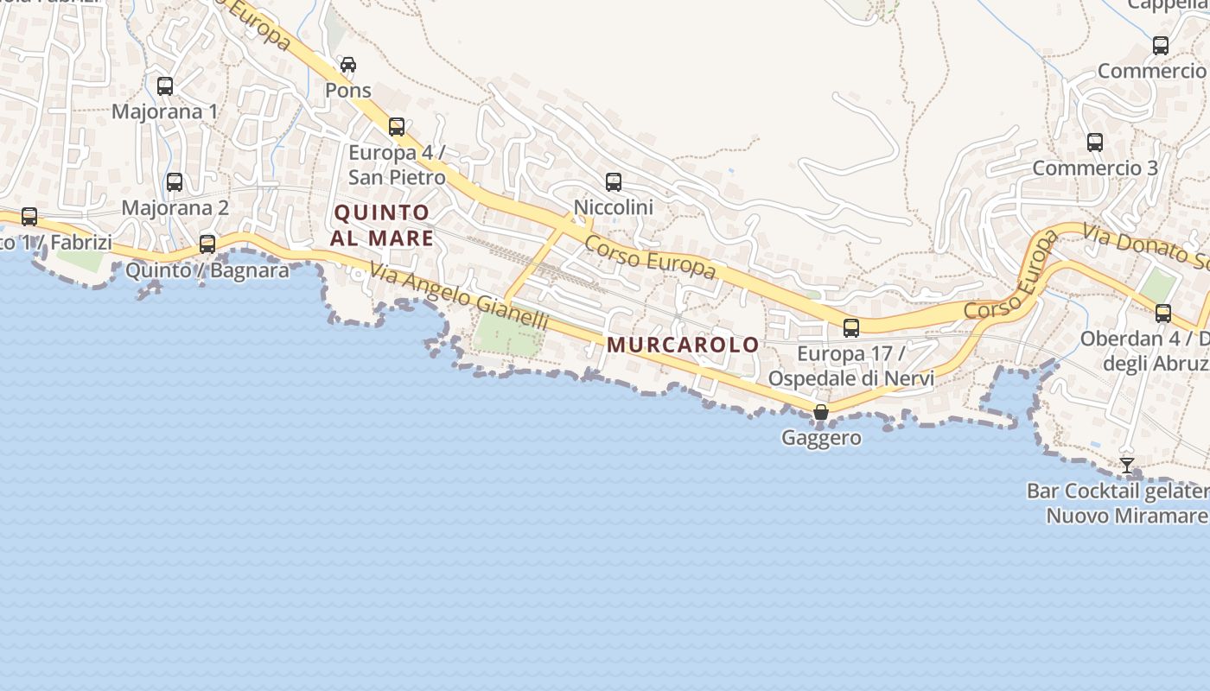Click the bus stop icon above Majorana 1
point(164,86)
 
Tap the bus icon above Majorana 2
point(175,182)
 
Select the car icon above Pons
point(348,65)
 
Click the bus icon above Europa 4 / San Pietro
point(397,127)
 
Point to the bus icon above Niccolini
point(614,182)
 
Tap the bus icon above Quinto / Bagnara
point(207,244)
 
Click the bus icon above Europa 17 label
point(851,328)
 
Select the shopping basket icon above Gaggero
point(821,413)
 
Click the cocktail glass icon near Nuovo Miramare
point(1127,466)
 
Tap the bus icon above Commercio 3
point(1095,143)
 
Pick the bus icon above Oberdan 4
point(1163,314)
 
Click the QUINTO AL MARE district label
point(381,225)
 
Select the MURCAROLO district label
point(683,345)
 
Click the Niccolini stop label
point(614,207)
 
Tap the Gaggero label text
point(821,438)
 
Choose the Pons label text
point(348,90)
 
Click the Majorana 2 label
point(175,207)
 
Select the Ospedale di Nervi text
point(851,378)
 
